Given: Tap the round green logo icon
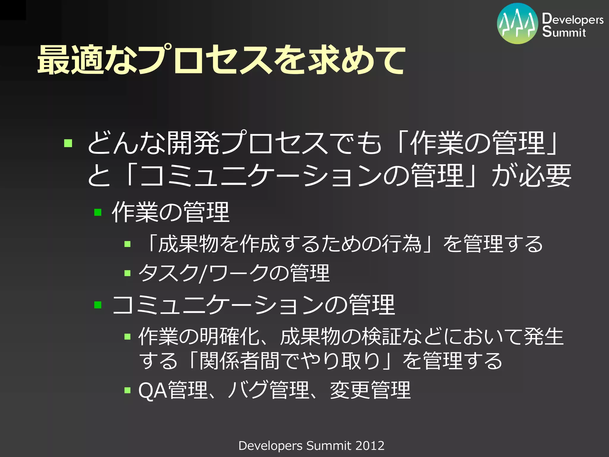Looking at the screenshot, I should coord(517,24).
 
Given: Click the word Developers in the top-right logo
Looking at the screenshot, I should coord(572,19).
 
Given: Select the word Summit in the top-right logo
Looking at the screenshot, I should coord(564,32).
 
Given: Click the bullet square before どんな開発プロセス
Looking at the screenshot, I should coord(68,143).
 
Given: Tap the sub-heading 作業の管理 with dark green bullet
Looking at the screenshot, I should coord(170,212).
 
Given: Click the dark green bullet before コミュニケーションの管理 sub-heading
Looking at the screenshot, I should coord(98,305).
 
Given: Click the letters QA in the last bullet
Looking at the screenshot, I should coord(153,390).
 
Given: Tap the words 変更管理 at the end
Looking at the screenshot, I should coord(370,390).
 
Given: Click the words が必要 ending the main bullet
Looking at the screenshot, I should coord(531,176).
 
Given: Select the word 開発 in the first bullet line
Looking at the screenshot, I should coord(193,143).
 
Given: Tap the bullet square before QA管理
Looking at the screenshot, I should coord(128,390).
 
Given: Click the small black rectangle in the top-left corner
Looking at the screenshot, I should coord(13,10).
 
